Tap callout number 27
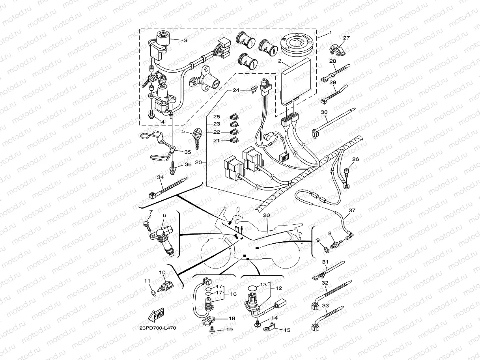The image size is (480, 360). (346, 38)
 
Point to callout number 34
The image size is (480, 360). (160, 177)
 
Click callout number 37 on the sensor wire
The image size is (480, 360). (352, 211)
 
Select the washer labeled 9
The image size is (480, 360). (326, 249)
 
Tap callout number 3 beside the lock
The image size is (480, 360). (186, 40)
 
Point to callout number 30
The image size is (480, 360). (325, 112)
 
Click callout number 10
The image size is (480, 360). (162, 272)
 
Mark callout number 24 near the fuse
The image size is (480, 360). (247, 90)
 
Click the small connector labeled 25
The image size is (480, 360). (234, 117)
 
